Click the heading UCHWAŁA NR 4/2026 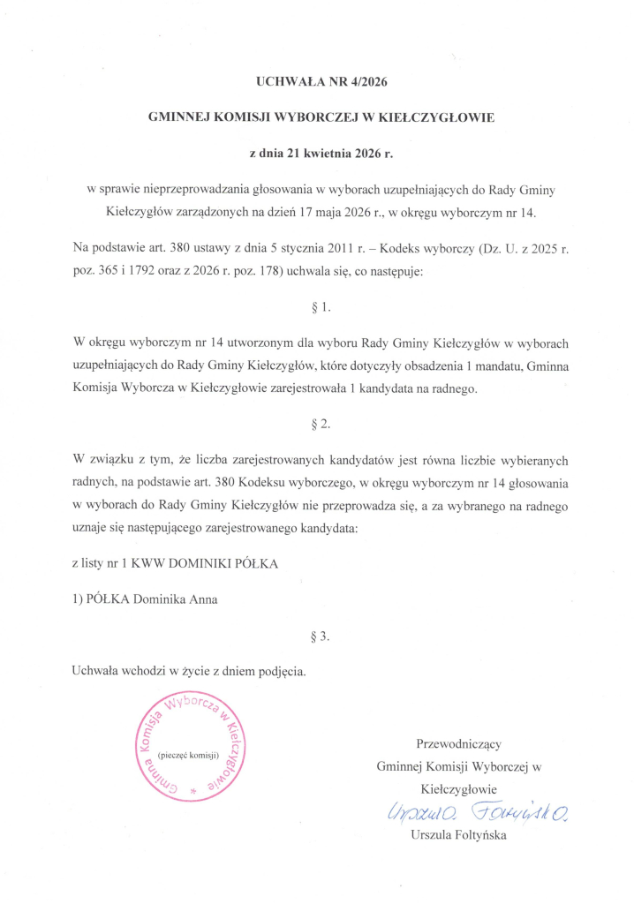tap(321, 82)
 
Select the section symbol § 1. tap(321, 308)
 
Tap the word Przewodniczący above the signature tap(459, 742)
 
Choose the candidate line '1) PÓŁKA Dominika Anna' tap(145, 598)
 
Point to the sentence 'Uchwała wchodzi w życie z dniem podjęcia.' tap(189, 670)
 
